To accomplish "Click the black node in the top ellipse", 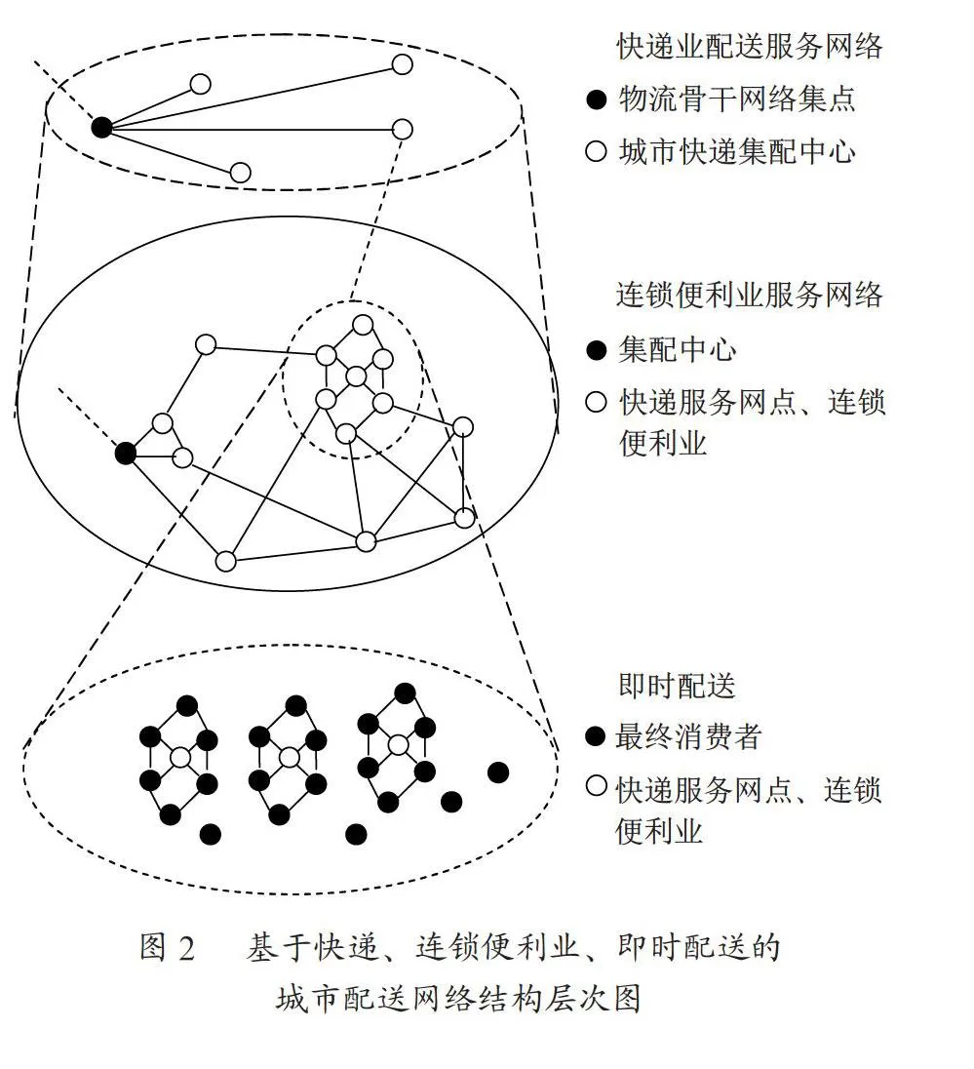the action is click(101, 127).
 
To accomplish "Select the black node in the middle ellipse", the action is click(126, 453).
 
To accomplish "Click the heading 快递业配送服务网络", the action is click(749, 47).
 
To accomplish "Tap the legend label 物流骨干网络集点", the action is click(736, 99).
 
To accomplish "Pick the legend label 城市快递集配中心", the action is click(736, 151).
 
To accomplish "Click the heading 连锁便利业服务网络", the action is click(749, 296).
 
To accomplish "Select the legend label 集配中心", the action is click(677, 350).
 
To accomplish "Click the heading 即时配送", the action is click(677, 686).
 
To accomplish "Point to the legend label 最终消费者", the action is click(687, 737).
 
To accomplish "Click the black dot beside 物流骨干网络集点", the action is click(597, 99).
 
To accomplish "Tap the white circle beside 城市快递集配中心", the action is click(597, 151).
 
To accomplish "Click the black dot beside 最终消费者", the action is click(595, 736).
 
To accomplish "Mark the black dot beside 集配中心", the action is click(597, 350).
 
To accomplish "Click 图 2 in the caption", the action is click(168, 948).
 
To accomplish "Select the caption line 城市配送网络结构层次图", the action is click(458, 999).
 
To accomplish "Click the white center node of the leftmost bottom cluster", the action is click(180, 758).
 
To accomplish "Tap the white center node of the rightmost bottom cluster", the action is click(398, 744).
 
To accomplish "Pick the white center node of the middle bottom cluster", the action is click(289, 758).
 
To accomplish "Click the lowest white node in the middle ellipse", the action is click(225, 561).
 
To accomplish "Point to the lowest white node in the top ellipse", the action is click(240, 173).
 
